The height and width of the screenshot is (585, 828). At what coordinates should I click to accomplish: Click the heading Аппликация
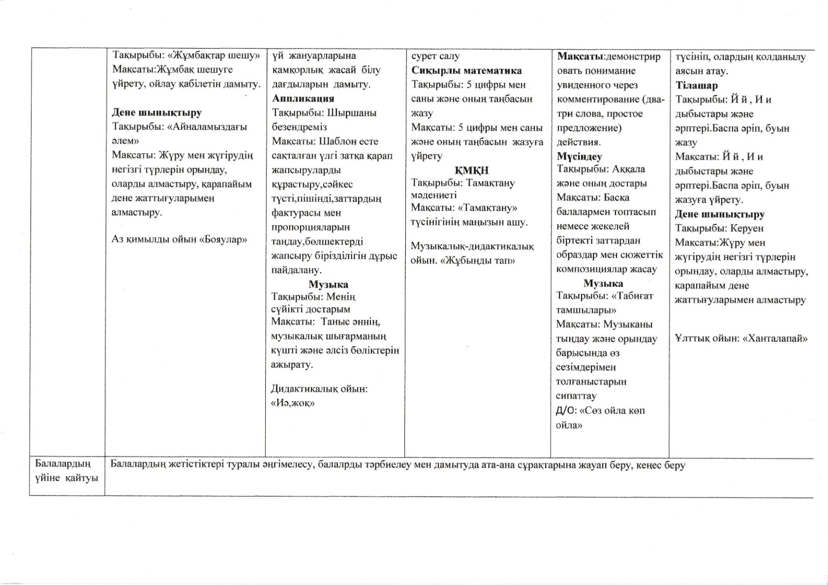click(303, 98)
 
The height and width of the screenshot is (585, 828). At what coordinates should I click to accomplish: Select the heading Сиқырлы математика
click(466, 70)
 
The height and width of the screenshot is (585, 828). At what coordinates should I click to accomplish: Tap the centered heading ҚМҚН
click(471, 170)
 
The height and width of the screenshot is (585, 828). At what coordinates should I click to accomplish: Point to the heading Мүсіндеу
click(579, 156)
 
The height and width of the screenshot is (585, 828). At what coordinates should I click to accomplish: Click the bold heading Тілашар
click(696, 86)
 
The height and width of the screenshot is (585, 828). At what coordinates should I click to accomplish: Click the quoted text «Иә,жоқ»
click(293, 403)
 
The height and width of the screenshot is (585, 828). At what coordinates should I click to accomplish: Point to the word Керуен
click(747, 228)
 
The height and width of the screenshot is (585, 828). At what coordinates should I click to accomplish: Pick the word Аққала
click(628, 169)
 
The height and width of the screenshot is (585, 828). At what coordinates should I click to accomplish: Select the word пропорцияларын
click(310, 227)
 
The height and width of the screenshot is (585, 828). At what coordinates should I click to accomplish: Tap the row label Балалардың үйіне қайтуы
click(66, 471)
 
